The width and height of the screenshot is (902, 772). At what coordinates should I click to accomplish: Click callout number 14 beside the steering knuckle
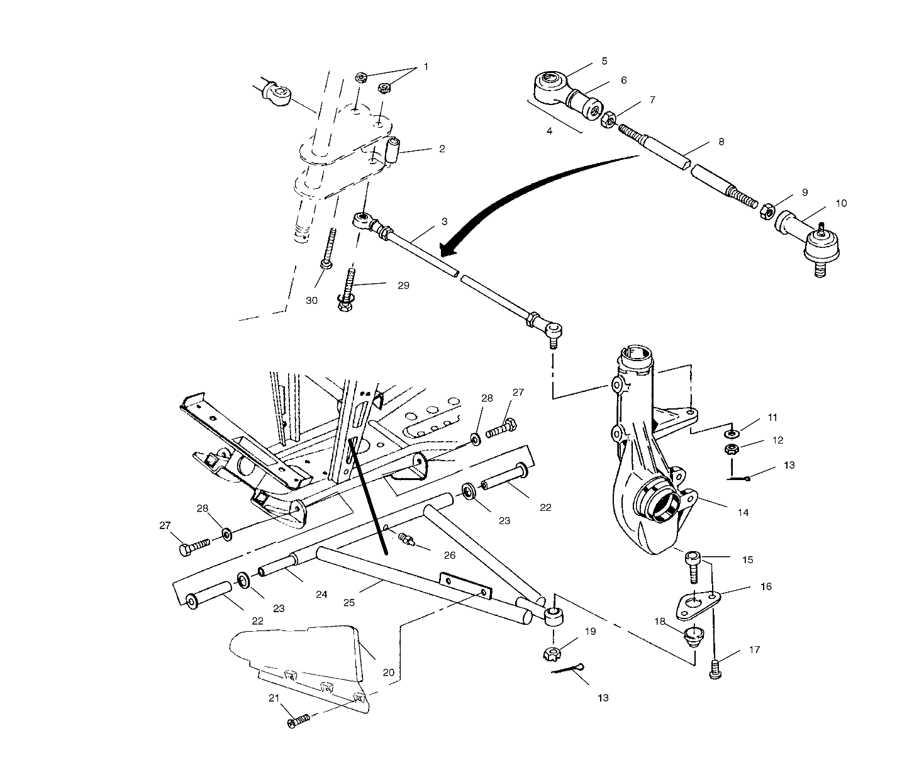click(x=743, y=513)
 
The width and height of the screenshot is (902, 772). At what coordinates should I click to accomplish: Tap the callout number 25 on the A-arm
click(x=349, y=602)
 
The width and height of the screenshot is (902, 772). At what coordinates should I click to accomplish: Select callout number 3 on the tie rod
click(x=444, y=221)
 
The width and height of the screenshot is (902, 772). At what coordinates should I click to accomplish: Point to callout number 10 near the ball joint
click(x=841, y=203)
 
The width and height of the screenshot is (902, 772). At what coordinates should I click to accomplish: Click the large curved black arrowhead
click(x=448, y=250)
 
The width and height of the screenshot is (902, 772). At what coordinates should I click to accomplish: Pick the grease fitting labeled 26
click(x=406, y=539)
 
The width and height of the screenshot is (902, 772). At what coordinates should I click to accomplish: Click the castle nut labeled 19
click(x=552, y=653)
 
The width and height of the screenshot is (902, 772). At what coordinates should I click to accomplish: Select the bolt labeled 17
click(x=715, y=669)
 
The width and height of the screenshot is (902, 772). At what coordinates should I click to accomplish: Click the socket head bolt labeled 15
click(x=692, y=566)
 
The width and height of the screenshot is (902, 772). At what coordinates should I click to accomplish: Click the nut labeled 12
click(x=732, y=449)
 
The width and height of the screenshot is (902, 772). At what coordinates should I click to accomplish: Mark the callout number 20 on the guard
click(x=388, y=673)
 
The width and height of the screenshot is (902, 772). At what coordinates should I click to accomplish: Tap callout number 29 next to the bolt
click(x=403, y=285)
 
